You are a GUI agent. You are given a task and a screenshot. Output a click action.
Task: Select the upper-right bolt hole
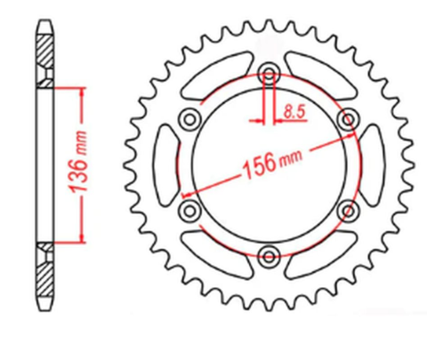point(348,119)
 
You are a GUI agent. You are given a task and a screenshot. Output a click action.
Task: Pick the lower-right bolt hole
point(348,211)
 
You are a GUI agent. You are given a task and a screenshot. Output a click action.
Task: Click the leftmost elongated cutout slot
point(165,164)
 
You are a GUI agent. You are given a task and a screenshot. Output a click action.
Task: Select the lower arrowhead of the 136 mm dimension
point(83,237)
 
